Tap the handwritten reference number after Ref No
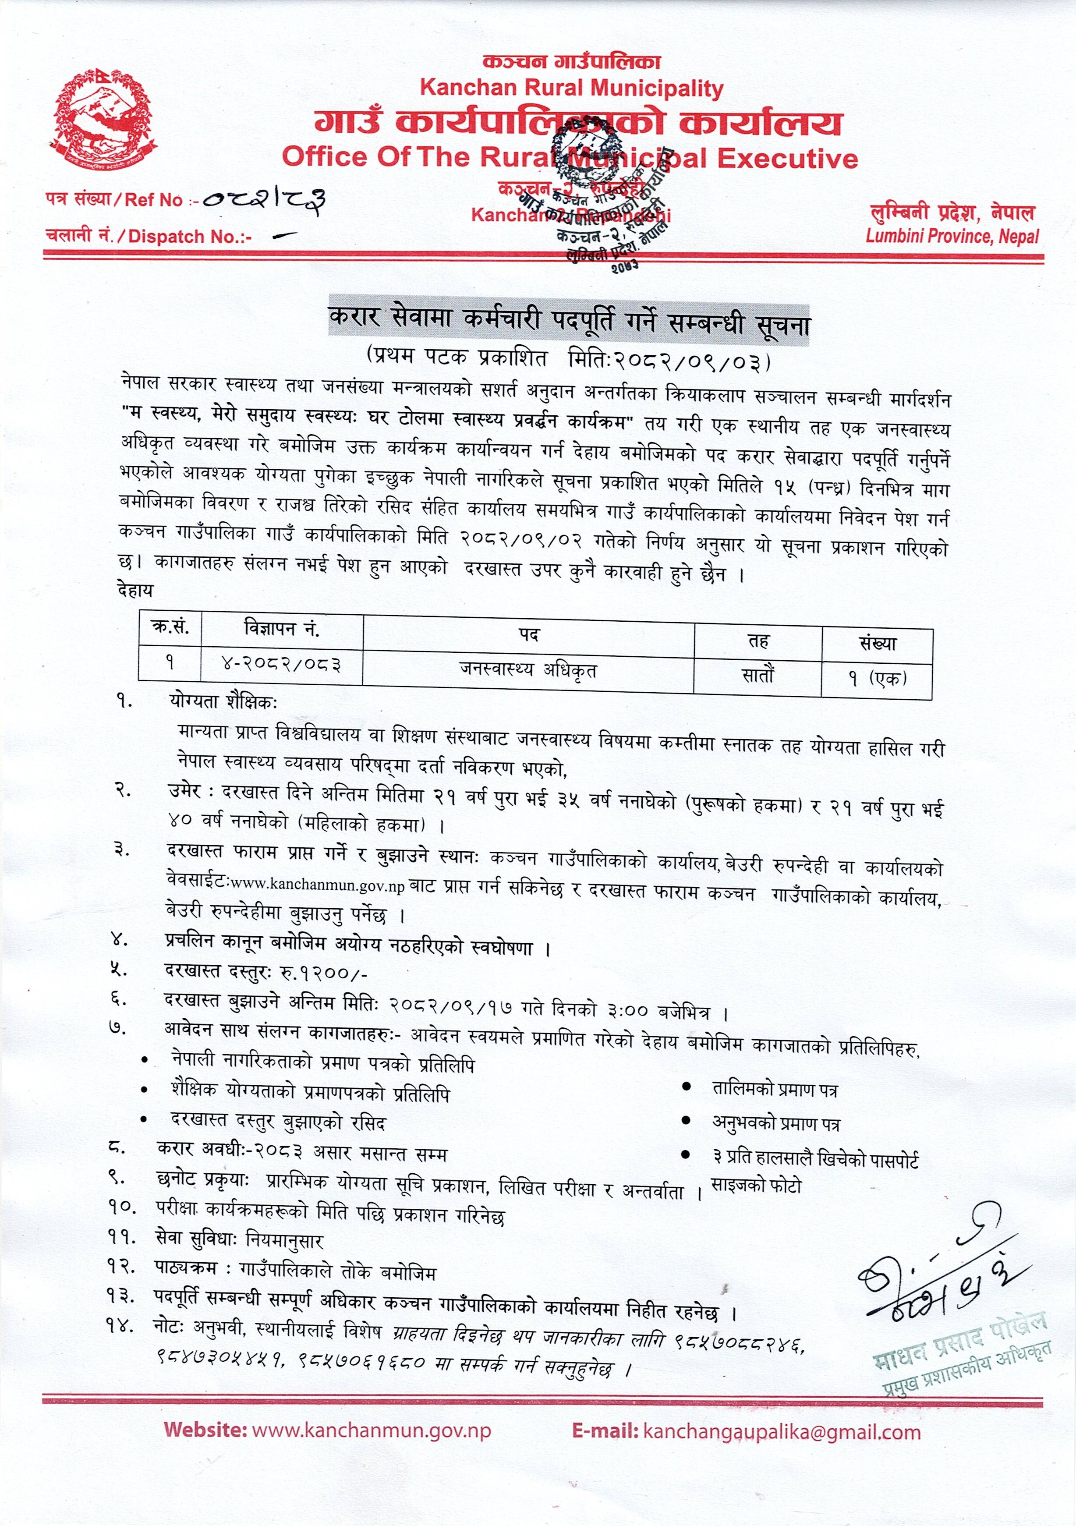[265, 198]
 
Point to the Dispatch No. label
[149, 237]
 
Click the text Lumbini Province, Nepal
[952, 236]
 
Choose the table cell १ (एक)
[877, 679]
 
